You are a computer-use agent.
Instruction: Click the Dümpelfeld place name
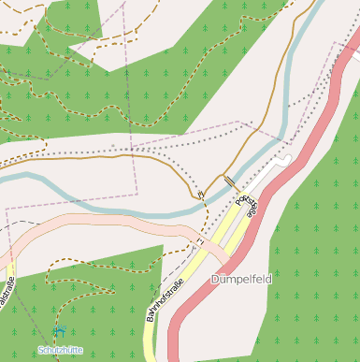tap(242, 279)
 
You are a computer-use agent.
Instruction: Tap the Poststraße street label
tap(246, 206)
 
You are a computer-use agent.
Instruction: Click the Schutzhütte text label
tap(60, 349)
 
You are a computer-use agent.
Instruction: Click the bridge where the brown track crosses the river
tap(229, 181)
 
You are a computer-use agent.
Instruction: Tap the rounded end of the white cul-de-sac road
tap(286, 160)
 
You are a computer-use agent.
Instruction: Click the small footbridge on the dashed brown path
tap(200, 195)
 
